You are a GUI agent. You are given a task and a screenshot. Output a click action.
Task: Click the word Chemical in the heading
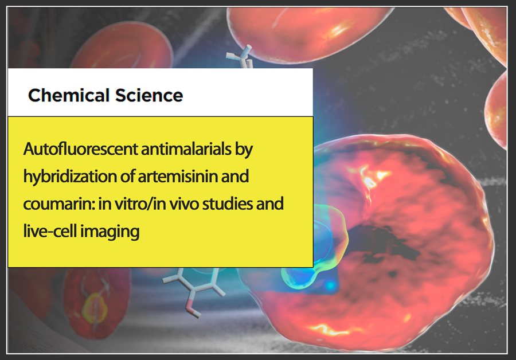click(68, 95)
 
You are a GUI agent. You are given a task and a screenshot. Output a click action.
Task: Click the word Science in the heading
click(149, 95)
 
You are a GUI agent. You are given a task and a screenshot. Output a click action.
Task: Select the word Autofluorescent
click(81, 149)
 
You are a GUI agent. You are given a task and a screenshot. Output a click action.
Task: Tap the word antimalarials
click(186, 149)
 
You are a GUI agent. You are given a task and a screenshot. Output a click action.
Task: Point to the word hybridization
click(70, 177)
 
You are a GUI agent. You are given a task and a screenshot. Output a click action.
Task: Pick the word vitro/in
click(140, 204)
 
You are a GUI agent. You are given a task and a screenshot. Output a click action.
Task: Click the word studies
click(228, 204)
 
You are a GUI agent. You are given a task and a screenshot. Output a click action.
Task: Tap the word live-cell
click(50, 231)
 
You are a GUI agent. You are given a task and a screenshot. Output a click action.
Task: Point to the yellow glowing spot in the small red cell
click(95, 308)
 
